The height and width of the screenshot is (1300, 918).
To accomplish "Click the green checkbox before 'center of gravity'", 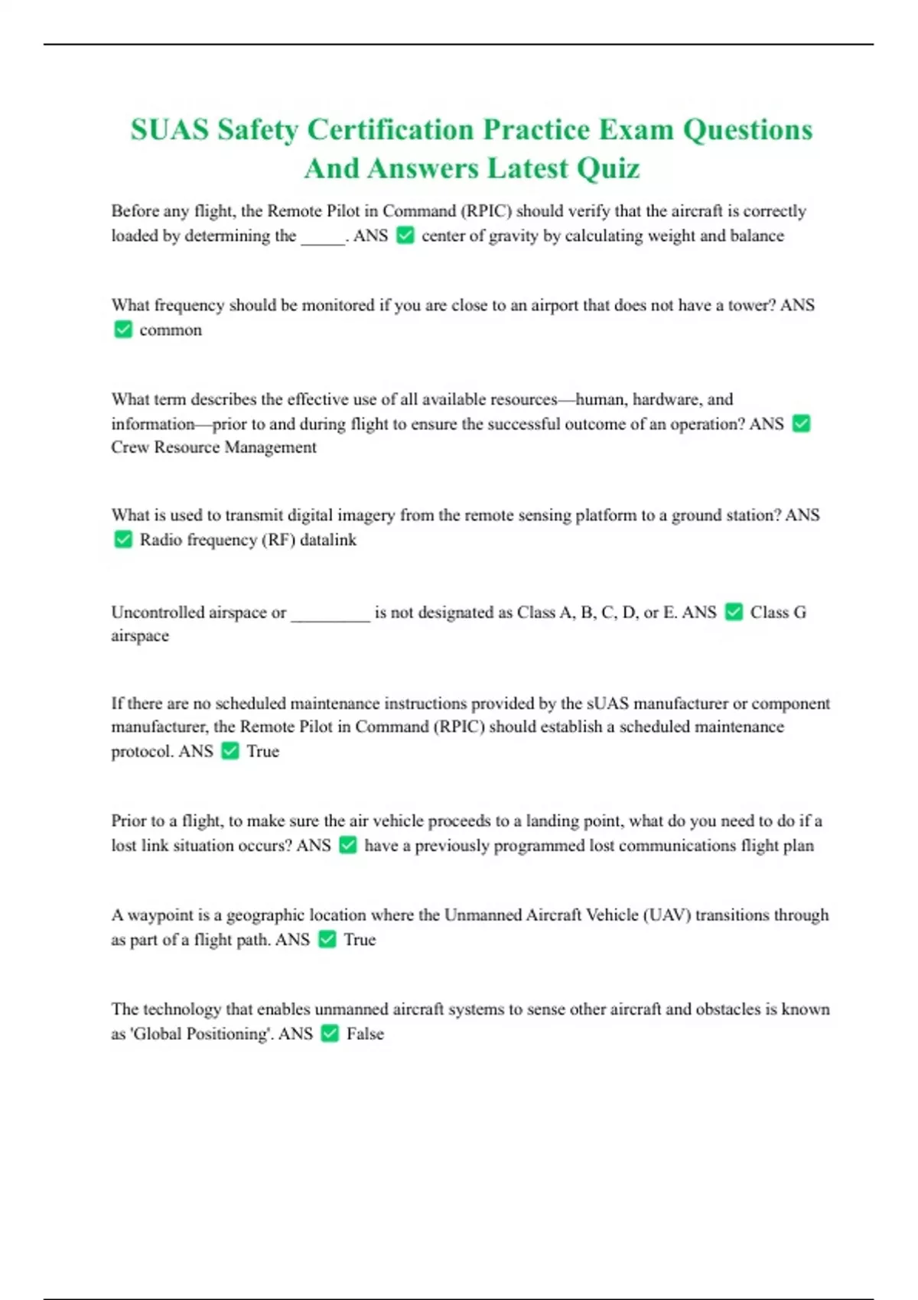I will [x=405, y=236].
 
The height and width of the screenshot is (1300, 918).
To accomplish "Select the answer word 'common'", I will [x=171, y=330].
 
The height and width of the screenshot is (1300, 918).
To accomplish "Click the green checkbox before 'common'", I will [x=123, y=330].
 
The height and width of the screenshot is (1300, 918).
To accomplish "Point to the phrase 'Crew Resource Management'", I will [x=213, y=447].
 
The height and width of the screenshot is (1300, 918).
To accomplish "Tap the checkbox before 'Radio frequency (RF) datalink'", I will [x=123, y=540].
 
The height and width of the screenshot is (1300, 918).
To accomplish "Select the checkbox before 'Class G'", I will [x=734, y=612].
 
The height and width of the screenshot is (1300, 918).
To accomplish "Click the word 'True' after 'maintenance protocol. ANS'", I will [x=262, y=752].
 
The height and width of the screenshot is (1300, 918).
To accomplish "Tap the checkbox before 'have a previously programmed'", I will [x=348, y=845].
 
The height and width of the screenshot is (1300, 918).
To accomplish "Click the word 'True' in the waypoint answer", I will [x=360, y=940].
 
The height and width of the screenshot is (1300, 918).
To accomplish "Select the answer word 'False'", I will [x=365, y=1034].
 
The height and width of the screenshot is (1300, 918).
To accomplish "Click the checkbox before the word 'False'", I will [x=330, y=1034].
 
